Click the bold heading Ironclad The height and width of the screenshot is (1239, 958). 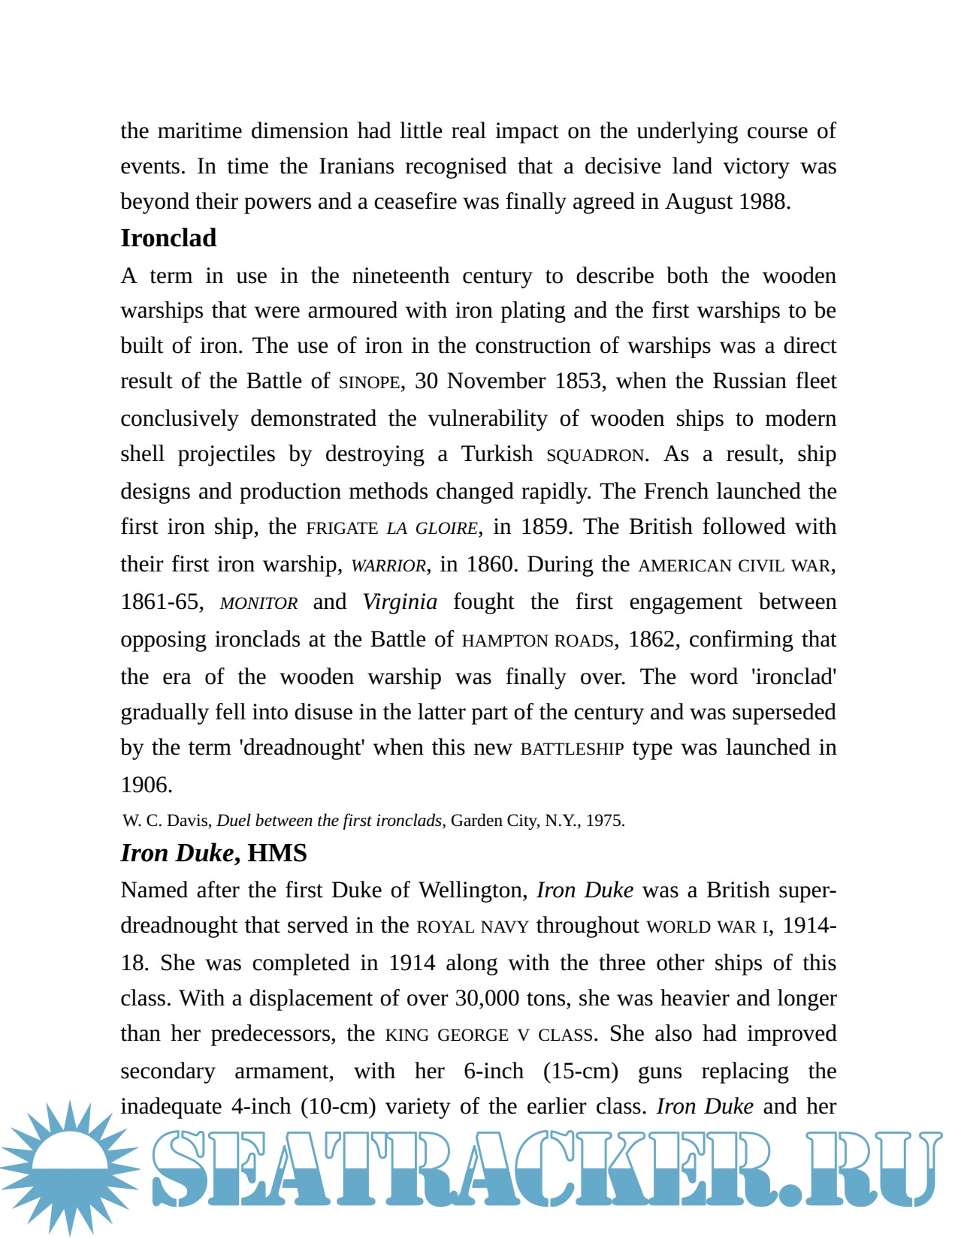coord(168,238)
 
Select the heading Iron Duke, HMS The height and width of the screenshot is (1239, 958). coord(213,853)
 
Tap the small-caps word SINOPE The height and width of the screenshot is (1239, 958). coord(369,382)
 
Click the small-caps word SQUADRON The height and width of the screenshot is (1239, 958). coord(595,455)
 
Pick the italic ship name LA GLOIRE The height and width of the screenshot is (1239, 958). coord(431,528)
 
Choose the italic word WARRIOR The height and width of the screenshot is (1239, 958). coord(388,565)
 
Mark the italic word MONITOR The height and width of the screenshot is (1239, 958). coord(258,603)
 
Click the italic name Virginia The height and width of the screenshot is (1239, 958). coord(400,601)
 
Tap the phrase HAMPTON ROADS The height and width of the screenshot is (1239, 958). coord(538,641)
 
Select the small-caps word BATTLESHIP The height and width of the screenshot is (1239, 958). coord(572,749)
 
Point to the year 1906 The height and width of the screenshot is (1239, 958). coord(146,785)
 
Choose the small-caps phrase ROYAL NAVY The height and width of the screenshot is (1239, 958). coord(473,927)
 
